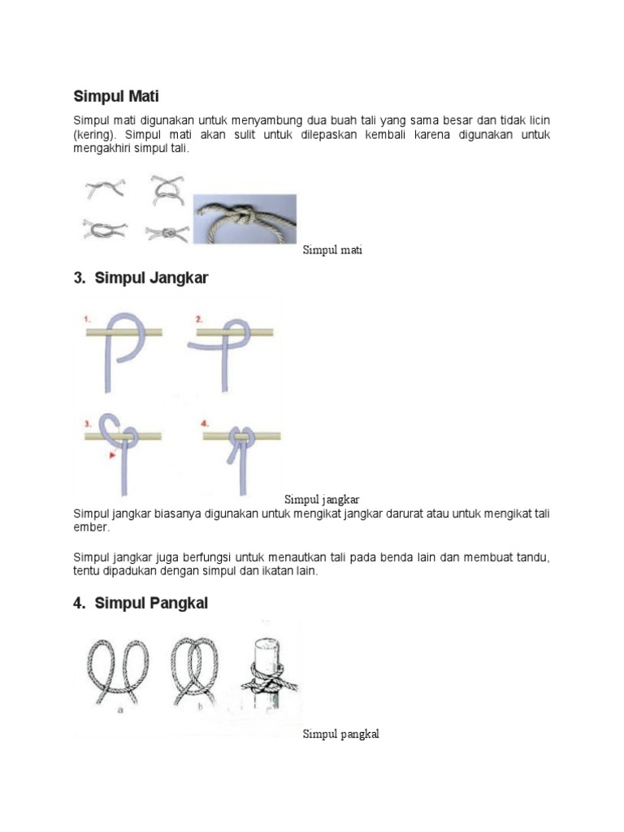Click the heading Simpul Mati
point(122,97)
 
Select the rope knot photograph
point(245,219)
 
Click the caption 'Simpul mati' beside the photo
point(332,250)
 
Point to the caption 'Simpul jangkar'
point(322,499)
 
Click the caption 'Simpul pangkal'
point(341,734)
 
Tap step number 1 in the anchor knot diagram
point(87,320)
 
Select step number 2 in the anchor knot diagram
point(198,320)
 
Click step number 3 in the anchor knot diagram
point(87,423)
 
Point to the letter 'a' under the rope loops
point(120,709)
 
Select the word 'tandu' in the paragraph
point(532,558)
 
